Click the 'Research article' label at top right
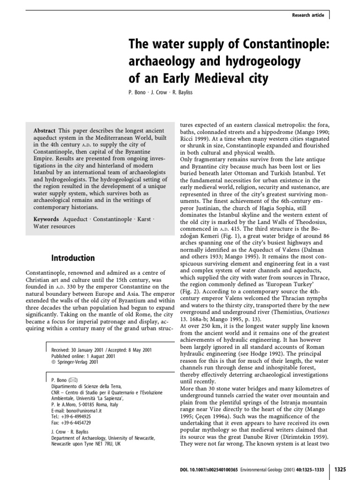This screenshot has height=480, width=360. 307,15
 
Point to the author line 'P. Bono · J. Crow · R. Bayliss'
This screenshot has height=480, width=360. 160,92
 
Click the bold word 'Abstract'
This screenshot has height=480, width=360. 45,130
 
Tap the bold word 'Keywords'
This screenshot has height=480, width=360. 46,219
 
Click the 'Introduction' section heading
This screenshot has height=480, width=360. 73,258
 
